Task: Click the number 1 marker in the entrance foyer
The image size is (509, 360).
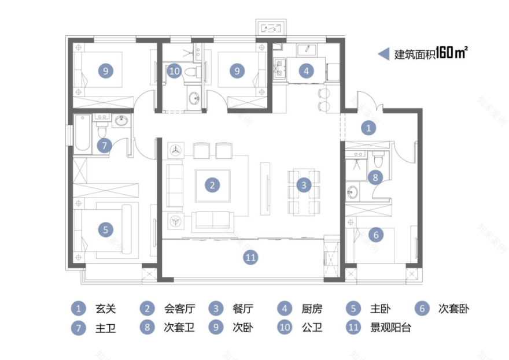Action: (369, 128)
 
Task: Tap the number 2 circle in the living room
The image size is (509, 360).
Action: (212, 185)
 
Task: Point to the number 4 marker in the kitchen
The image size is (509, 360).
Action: (307, 70)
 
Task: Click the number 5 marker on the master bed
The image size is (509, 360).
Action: (105, 229)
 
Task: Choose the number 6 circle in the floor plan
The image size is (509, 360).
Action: (376, 235)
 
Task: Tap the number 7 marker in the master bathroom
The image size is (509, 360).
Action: (104, 146)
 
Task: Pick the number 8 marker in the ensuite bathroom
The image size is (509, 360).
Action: (375, 177)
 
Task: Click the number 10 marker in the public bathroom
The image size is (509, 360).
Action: (175, 70)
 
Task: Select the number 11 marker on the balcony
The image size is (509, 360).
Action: (250, 258)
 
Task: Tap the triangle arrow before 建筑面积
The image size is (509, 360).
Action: (383, 54)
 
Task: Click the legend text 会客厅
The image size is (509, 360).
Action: (177, 309)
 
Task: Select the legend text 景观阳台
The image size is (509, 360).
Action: (390, 328)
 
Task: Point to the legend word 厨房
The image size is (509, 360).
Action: (312, 309)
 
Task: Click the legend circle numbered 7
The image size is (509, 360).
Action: (78, 328)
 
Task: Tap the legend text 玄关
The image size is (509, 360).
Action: (105, 309)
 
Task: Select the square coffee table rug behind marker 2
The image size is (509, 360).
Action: (212, 185)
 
